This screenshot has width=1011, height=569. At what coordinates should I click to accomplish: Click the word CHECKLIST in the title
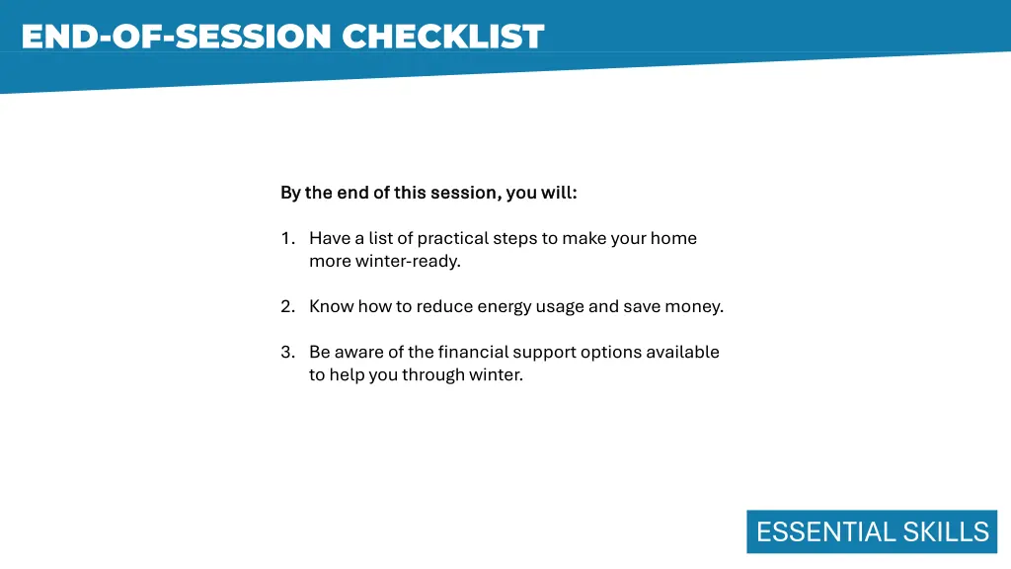tap(442, 37)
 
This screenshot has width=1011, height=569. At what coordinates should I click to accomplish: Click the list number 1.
tap(286, 238)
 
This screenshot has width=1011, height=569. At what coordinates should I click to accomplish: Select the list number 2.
tap(286, 306)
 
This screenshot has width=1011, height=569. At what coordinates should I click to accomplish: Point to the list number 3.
tap(286, 352)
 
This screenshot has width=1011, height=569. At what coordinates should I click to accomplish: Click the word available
tap(683, 352)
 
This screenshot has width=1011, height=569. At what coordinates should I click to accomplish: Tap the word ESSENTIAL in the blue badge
tap(813, 531)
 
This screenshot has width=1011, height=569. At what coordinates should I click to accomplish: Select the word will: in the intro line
tap(559, 193)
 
